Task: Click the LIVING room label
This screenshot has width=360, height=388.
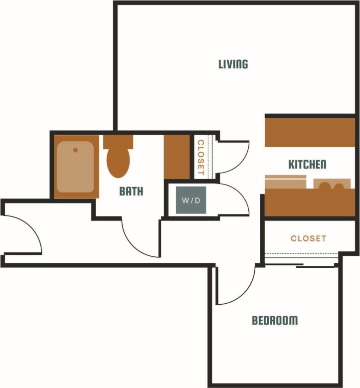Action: [233, 64]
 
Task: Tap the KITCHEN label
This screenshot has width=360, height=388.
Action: [307, 165]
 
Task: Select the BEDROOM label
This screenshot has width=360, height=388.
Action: [274, 320]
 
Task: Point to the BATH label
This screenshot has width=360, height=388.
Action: [131, 191]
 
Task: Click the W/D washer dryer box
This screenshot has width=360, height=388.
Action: [190, 200]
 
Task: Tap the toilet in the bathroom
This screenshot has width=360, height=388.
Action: [118, 157]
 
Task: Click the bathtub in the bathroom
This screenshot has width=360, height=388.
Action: [75, 167]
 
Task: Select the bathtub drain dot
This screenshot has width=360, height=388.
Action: [75, 150]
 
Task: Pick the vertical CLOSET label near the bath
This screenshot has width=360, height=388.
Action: [200, 157]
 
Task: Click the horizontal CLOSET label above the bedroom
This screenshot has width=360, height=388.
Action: [309, 238]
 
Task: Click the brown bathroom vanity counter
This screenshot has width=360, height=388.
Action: [176, 157]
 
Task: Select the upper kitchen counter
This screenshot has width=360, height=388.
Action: [309, 132]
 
